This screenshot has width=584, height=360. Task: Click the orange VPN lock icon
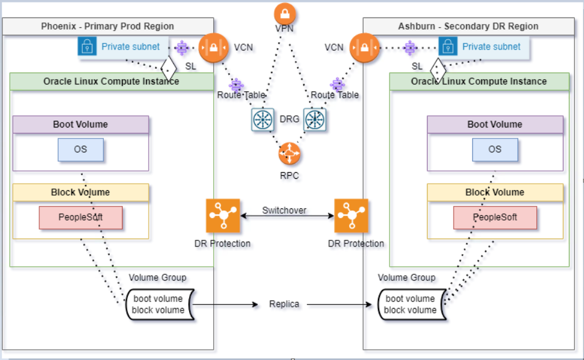(284, 14)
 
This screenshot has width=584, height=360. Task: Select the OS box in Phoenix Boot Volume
(80, 150)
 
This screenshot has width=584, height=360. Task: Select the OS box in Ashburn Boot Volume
(495, 150)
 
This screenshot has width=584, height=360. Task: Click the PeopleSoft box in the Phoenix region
(81, 217)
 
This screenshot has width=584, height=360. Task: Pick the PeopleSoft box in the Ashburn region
(495, 217)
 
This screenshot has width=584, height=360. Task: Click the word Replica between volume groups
(284, 304)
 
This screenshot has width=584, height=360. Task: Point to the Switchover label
(284, 211)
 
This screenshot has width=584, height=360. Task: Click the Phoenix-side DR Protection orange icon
(223, 216)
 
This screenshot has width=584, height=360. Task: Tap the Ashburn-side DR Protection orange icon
(351, 216)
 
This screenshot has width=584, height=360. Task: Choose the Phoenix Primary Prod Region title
(107, 26)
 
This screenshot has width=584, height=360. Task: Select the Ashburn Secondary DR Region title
(468, 26)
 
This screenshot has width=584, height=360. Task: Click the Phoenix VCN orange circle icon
(211, 47)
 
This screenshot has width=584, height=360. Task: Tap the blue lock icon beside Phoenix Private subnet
(88, 47)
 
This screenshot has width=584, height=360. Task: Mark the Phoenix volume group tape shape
(158, 304)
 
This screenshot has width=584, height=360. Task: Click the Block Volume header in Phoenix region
(80, 193)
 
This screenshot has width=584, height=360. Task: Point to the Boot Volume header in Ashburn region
(495, 124)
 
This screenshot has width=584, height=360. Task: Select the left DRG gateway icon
(263, 119)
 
